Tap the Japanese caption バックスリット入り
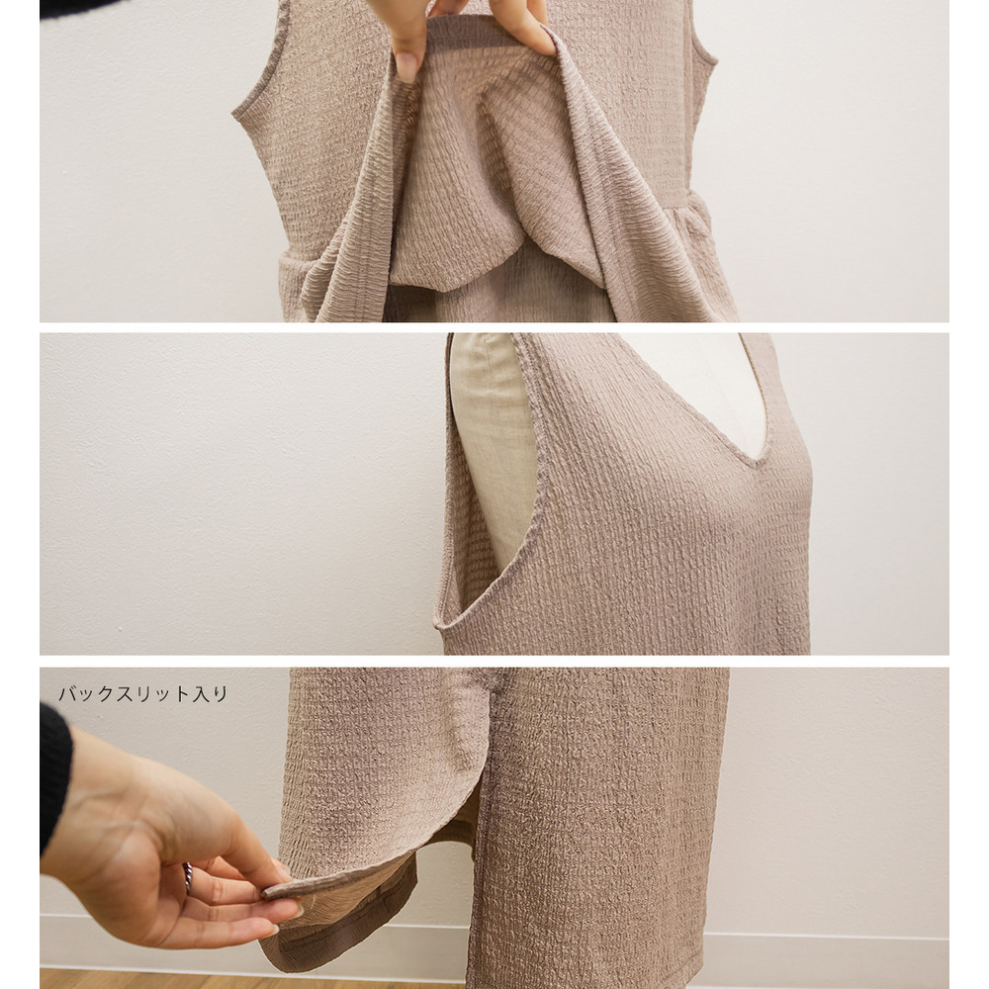tap(143, 694)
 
